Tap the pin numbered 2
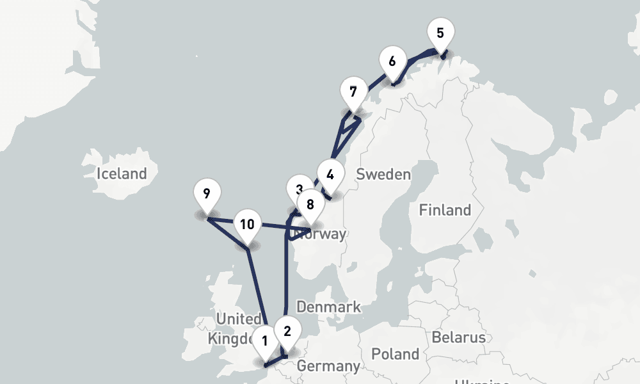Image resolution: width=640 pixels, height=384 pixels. (287, 331)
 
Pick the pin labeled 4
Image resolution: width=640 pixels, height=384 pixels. (330, 174)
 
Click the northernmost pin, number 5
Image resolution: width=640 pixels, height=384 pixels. (440, 32)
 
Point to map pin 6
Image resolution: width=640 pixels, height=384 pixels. (392, 62)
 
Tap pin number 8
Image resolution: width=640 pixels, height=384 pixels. (310, 204)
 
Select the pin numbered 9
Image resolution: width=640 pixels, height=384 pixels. (206, 193)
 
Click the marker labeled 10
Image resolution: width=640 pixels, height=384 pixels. (248, 223)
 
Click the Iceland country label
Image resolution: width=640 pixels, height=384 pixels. (122, 173)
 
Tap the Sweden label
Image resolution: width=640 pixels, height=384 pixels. (383, 174)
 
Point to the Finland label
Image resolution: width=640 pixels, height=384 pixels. (445, 210)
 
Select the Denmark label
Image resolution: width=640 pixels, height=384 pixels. (328, 307)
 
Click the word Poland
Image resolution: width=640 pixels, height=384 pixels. (396, 354)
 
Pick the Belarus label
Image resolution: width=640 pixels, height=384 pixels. (458, 337)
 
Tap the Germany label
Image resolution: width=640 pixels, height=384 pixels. (328, 366)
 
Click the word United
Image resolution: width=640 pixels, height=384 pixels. (239, 319)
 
